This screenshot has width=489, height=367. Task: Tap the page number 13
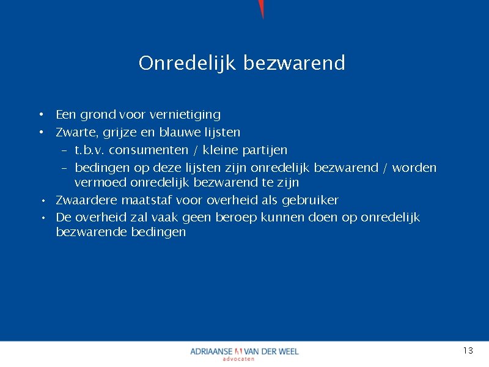coord(468,350)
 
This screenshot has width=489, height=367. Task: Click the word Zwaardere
coord(85,200)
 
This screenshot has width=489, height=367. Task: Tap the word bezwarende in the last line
coord(92,232)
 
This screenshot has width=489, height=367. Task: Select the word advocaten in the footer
coord(238,359)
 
